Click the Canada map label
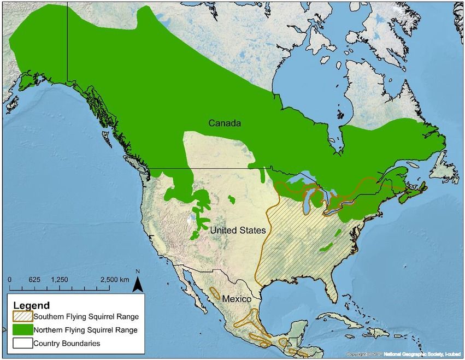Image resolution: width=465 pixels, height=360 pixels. coord(224,124)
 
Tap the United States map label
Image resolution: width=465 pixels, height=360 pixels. coord(238,231)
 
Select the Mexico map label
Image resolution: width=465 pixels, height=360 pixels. coord(236,299)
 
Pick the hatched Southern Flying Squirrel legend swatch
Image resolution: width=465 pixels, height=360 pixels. coord(21,316)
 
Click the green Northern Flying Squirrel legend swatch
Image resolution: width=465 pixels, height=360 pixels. coord(21,330)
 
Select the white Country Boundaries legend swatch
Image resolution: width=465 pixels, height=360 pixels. coord(21,343)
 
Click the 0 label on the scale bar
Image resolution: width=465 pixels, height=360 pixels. coord(10,279)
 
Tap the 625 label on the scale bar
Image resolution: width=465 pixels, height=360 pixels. coord(34,279)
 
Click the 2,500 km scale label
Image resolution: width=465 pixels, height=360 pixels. coord(114,279)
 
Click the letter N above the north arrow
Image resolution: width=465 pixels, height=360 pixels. coord(138,272)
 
